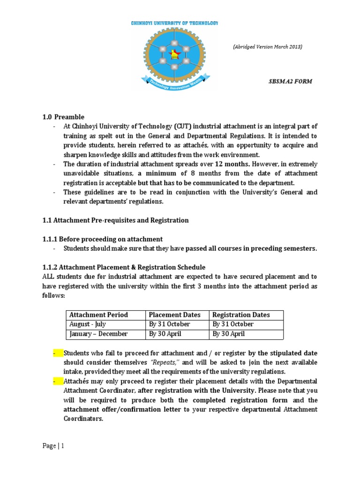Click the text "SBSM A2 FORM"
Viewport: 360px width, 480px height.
(x=290, y=81)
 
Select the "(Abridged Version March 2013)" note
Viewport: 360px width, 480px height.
(x=268, y=46)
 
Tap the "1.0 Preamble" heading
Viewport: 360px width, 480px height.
(x=63, y=117)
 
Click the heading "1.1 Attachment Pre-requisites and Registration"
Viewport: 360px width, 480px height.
(x=115, y=220)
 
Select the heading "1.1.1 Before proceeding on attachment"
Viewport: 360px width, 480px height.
(x=102, y=239)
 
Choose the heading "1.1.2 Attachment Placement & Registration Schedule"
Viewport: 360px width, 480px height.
(x=124, y=268)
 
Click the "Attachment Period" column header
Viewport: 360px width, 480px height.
(x=98, y=315)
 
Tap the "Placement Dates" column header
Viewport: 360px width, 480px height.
(x=174, y=315)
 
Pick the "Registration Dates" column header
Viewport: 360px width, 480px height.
(x=241, y=315)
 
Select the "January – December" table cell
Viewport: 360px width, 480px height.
(x=98, y=334)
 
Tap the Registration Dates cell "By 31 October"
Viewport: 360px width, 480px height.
(x=233, y=324)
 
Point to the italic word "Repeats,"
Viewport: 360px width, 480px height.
(x=168, y=363)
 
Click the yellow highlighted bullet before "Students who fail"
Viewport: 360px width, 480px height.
(x=58, y=353)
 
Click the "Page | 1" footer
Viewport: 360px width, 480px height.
(x=53, y=446)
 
